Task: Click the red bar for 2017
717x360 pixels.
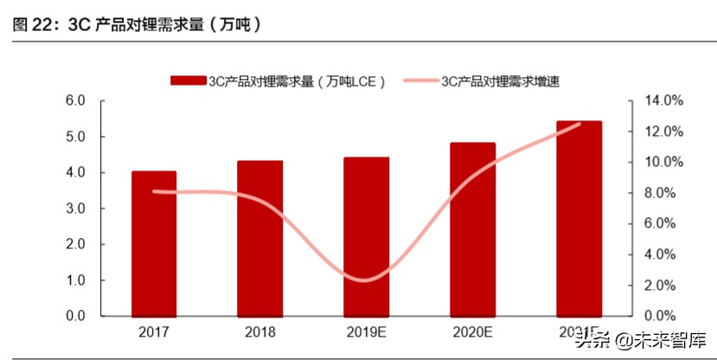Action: pos(154,243)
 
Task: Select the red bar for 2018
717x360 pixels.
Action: pos(259,238)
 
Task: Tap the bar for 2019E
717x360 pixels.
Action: pos(367,236)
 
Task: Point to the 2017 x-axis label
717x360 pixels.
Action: pos(154,332)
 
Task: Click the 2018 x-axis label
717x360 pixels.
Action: pos(259,332)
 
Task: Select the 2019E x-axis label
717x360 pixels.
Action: pos(367,332)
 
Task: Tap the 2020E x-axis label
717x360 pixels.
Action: pos(473,332)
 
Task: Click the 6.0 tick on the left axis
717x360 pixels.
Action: pos(76,100)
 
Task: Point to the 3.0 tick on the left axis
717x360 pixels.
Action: pos(76,209)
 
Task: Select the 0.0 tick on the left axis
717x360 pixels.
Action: pos(76,316)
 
